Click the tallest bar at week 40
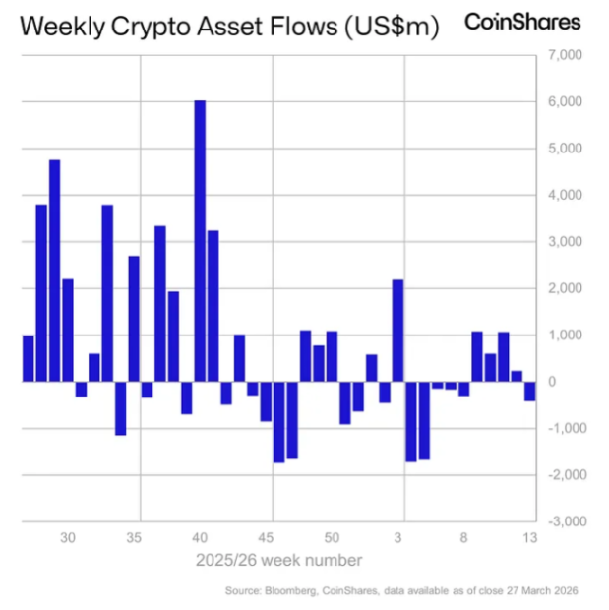click(x=200, y=240)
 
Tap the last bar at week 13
click(x=529, y=391)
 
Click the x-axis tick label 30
click(x=68, y=538)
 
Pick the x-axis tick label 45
click(x=266, y=538)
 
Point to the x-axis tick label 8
click(x=463, y=538)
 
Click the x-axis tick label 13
click(x=529, y=538)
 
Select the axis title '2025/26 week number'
click(x=277, y=560)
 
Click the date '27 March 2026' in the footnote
click(x=544, y=590)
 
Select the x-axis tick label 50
click(x=332, y=538)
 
